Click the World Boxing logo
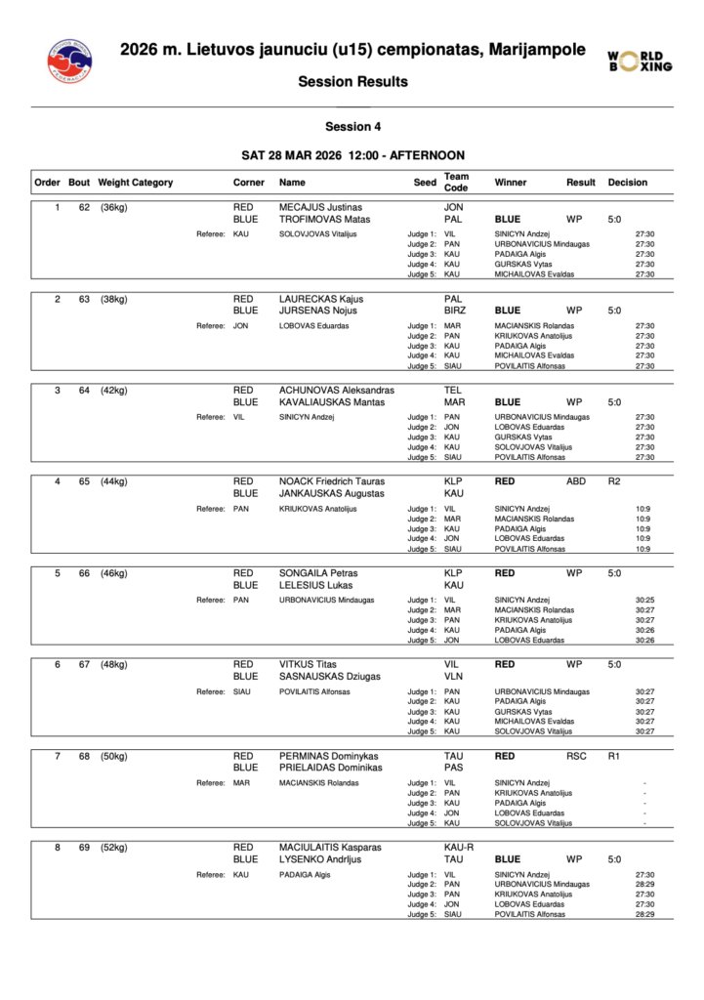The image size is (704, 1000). pyautogui.click(x=640, y=61)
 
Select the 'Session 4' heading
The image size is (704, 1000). pyautogui.click(x=352, y=126)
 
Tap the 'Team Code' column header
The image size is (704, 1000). pyautogui.click(x=456, y=182)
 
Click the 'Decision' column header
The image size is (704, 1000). pyautogui.click(x=627, y=182)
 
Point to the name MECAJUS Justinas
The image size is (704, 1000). pyautogui.click(x=320, y=207)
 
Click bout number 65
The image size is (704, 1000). pyautogui.click(x=85, y=481)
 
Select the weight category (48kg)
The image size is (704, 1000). pyautogui.click(x=114, y=665)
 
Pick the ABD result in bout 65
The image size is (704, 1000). pyautogui.click(x=577, y=481)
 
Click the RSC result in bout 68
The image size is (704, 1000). pyautogui.click(x=577, y=756)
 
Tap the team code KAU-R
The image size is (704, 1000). pyautogui.click(x=459, y=848)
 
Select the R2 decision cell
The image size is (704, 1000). pyautogui.click(x=614, y=481)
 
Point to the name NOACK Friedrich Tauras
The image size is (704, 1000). pyautogui.click(x=332, y=481)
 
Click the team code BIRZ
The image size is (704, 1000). pyautogui.click(x=455, y=311)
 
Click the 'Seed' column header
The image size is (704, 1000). pyautogui.click(x=425, y=182)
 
